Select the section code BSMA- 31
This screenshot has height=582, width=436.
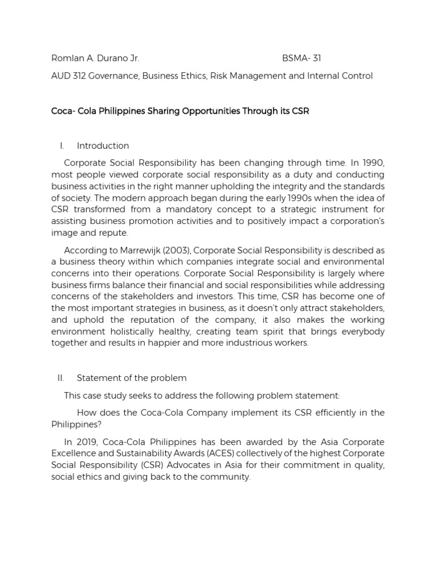301,58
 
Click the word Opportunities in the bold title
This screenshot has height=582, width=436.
208,111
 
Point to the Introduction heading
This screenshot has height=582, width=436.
103,145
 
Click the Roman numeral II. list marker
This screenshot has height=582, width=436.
61,377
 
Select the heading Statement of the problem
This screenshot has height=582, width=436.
132,377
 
